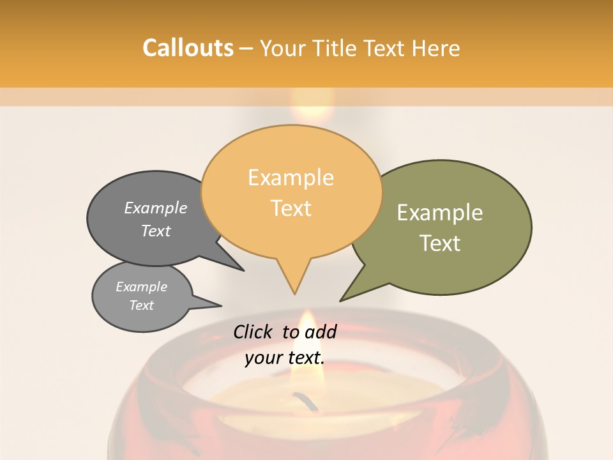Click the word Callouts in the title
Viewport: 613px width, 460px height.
[188, 48]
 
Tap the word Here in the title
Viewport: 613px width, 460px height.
[435, 48]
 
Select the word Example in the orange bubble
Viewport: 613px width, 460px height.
[291, 178]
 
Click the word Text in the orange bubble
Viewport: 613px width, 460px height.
[291, 208]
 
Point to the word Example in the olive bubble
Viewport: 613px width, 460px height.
[440, 213]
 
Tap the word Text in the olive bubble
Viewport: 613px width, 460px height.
[440, 243]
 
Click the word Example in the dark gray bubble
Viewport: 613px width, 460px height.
[156, 208]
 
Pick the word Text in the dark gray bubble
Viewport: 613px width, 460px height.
[156, 231]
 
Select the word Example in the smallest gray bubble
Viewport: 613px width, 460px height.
[142, 287]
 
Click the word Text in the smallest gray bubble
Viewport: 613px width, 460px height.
[142, 305]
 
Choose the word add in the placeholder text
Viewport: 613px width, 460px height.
[321, 332]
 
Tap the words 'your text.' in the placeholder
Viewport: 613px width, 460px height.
[285, 358]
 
